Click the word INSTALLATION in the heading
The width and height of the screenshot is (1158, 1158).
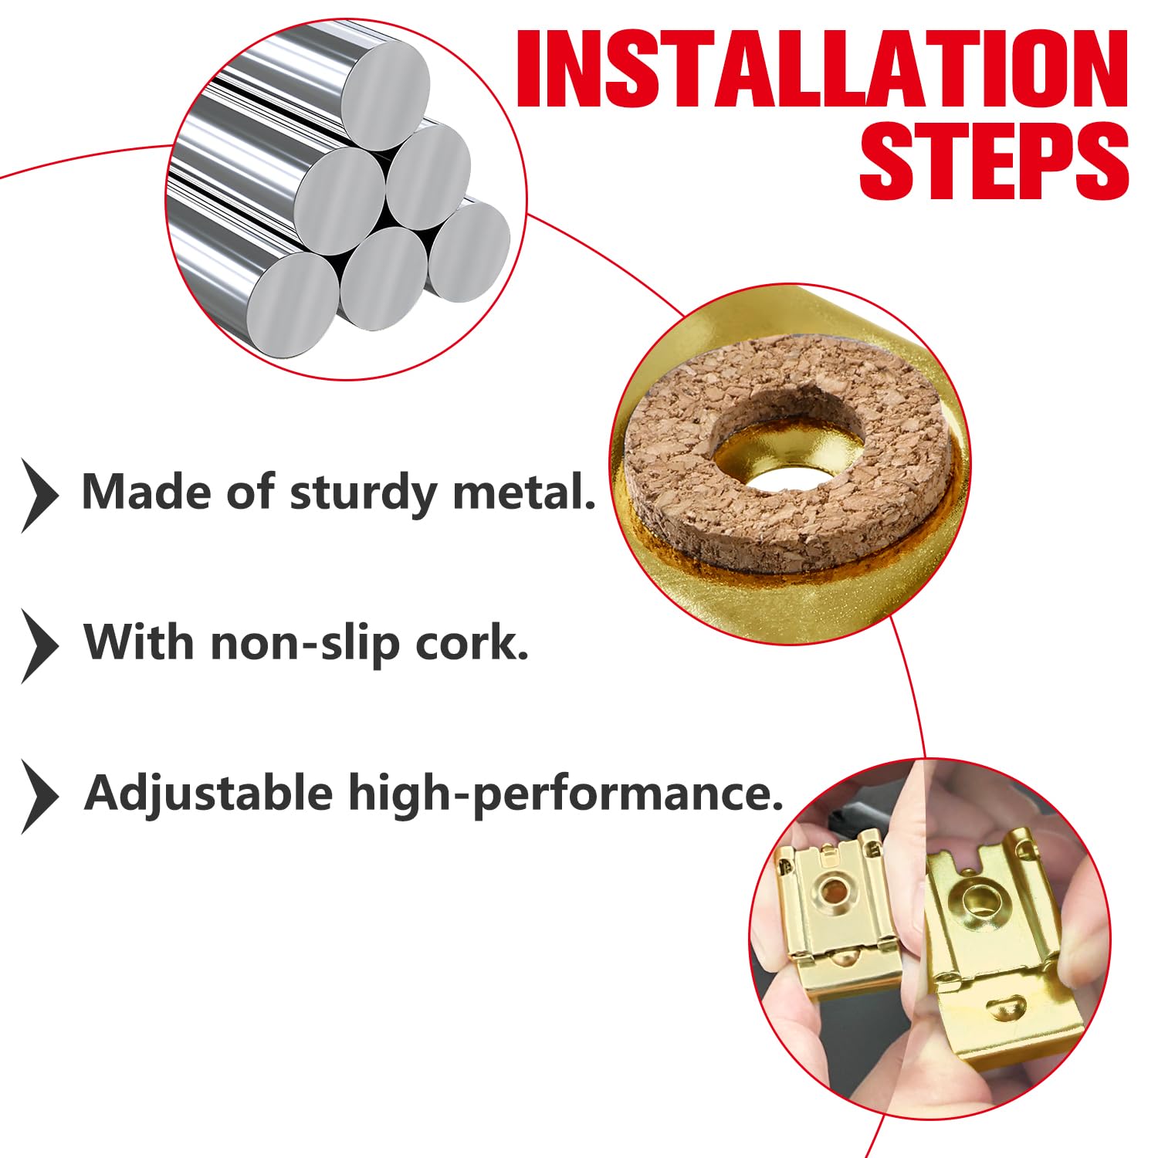(823, 69)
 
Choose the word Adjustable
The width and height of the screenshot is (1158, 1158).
(208, 794)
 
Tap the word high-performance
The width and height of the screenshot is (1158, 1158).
(566, 794)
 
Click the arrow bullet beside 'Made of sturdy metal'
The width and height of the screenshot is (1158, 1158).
(39, 496)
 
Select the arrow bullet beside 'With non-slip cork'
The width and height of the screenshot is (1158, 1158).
(39, 646)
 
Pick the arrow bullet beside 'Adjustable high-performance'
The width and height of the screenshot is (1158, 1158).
(39, 797)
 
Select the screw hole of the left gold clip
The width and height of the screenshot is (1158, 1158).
(835, 892)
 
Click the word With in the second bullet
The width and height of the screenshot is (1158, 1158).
(139, 642)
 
